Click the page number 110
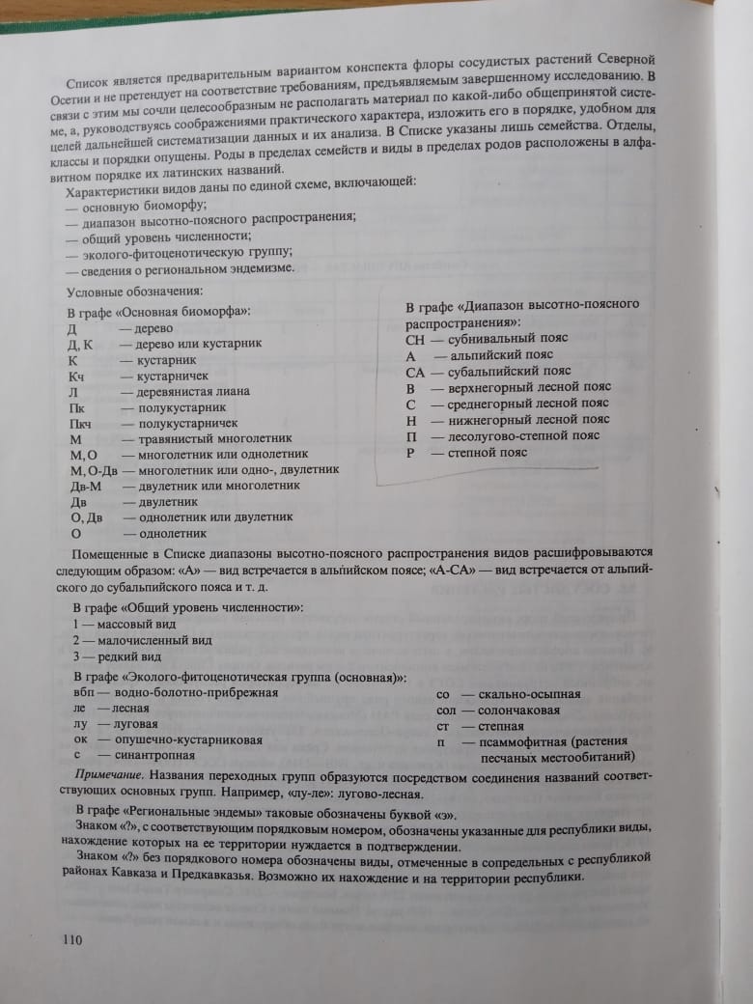tap(73, 939)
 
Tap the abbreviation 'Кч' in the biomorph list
tap(77, 375)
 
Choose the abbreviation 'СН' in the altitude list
tap(416, 339)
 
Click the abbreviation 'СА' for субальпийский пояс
tap(416, 372)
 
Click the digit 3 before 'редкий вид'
tap(76, 656)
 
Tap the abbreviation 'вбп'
tap(84, 692)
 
